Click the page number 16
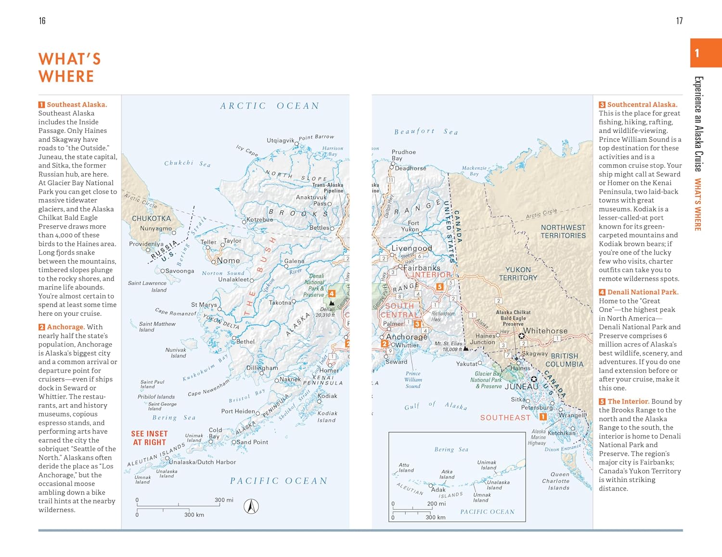coord(42,21)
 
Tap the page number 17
coord(679,21)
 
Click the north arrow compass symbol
coord(251,506)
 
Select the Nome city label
coord(228,260)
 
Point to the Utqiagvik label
coord(280,141)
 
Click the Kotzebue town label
coord(259,220)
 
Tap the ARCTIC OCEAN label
coord(270,106)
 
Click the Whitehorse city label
coord(545,331)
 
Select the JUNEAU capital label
coord(521,387)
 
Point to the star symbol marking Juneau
coord(534,379)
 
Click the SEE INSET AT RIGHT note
coord(149,438)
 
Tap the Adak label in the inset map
coord(438,490)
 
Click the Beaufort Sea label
coord(426,131)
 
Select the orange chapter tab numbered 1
coord(705,53)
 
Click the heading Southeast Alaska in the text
coord(77,104)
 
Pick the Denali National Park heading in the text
coord(643,292)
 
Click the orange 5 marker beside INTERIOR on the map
coord(439,286)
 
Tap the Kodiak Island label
coord(327,416)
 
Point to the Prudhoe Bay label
coord(403,155)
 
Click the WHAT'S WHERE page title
coord(69,67)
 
